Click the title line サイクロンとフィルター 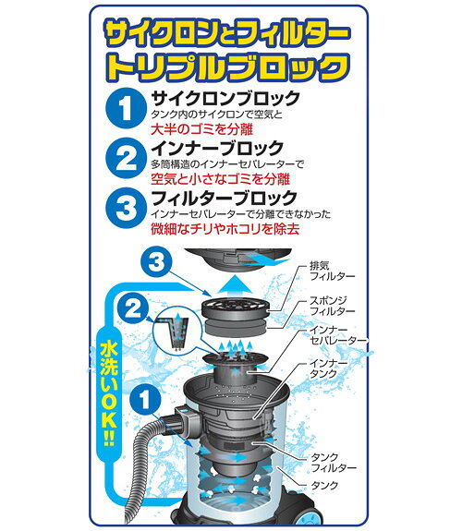tap(227, 33)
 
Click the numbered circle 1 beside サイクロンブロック tap(126, 108)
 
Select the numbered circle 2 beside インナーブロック tap(126, 158)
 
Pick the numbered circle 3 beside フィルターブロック tap(126, 208)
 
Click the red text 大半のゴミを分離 tap(202, 129)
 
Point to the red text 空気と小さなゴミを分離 tap(220, 179)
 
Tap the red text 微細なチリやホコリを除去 tap(225, 229)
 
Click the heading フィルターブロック tap(225, 199)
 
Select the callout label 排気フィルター tap(333, 271)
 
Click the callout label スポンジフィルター tap(333, 306)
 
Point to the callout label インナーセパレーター tap(338, 335)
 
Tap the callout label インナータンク tap(329, 368)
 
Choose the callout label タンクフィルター tap(334, 463)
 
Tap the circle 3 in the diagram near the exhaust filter tap(156, 261)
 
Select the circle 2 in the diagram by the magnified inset tap(133, 309)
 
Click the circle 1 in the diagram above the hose tap(145, 399)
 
